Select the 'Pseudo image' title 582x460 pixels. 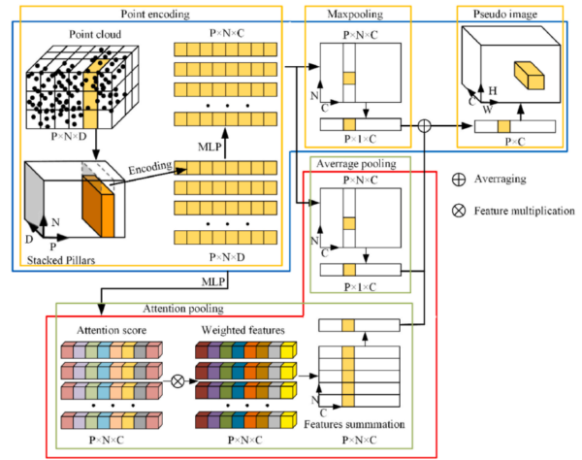click(x=510, y=15)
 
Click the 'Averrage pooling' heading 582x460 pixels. click(x=357, y=163)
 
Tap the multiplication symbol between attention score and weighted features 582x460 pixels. click(x=177, y=380)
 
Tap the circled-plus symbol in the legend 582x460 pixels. click(x=459, y=180)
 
